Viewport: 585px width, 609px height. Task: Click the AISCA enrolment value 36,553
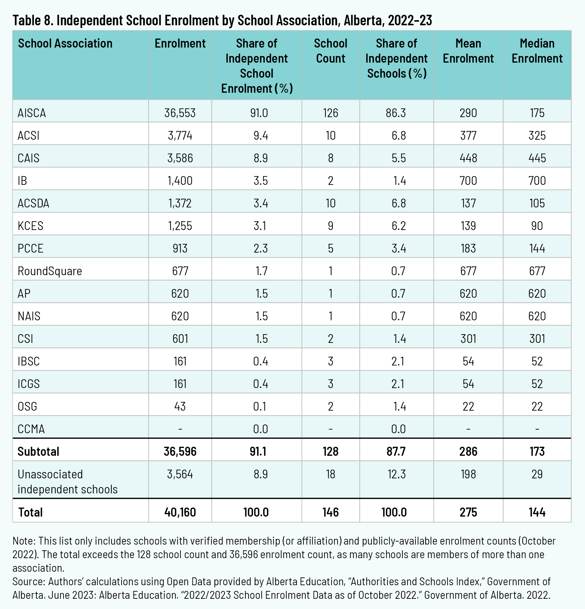[180, 113]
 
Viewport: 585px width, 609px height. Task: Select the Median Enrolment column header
[537, 51]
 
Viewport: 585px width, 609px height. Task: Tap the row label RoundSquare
[50, 271]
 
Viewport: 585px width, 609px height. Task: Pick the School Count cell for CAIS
[330, 158]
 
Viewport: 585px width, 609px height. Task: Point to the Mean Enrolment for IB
[468, 181]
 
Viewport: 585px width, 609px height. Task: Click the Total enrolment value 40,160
[180, 512]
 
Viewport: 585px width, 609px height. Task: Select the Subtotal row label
[38, 452]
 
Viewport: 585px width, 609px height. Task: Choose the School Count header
[330, 51]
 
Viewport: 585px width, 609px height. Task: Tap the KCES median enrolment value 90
[537, 226]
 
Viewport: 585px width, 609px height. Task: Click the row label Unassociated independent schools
[67, 482]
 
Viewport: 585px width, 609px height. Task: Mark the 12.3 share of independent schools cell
[396, 474]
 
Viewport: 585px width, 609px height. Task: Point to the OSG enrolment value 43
[180, 406]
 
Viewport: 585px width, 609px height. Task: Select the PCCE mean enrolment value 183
[468, 249]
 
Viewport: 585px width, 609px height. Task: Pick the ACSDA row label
[33, 203]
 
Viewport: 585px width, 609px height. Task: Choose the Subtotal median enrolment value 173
[537, 452]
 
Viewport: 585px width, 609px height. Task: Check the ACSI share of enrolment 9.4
[260, 135]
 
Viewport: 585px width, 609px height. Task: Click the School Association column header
[65, 43]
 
